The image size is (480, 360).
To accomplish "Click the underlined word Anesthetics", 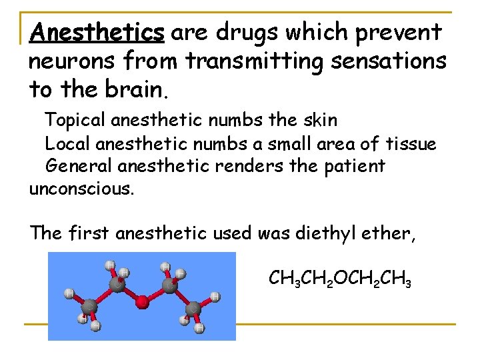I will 97,31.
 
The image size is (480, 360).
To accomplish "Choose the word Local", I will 67,143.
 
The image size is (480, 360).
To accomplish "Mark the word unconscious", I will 82,189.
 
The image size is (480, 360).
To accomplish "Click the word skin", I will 318,121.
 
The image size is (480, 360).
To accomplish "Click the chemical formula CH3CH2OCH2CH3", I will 339,278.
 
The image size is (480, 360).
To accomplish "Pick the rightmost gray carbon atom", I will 193,309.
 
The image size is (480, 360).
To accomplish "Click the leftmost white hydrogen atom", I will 69,292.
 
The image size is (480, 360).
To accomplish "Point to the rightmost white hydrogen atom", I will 215,295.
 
